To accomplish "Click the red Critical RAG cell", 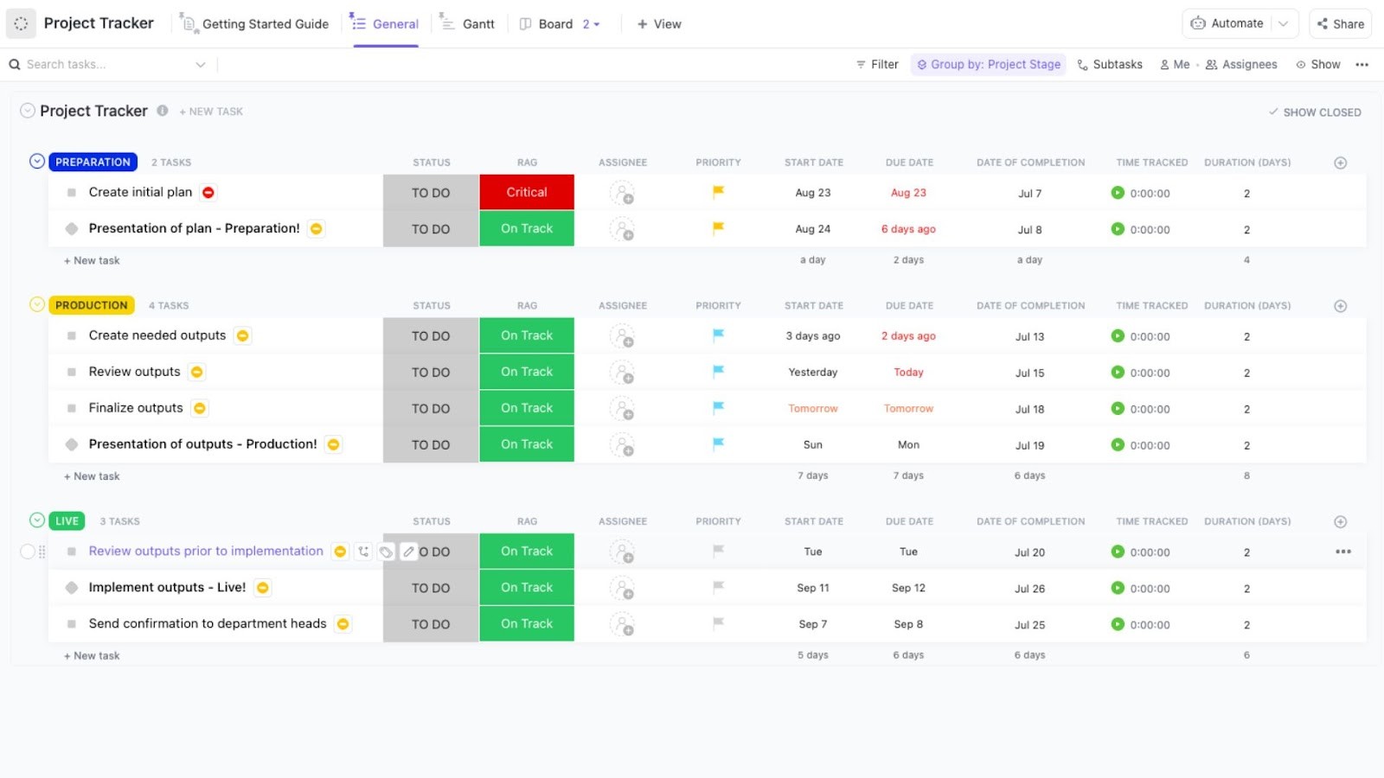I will (526, 192).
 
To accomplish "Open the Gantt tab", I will (477, 24).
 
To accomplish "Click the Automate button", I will (1228, 23).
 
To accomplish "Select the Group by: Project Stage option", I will (988, 64).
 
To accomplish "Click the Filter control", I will (877, 64).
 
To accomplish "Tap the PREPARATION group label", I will (93, 162).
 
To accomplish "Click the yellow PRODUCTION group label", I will (91, 305).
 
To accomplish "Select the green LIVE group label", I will (67, 521).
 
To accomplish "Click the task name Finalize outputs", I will (136, 408).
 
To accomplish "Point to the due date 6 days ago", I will (908, 229).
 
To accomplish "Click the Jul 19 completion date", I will (1029, 445).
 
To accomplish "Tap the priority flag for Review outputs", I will (718, 372).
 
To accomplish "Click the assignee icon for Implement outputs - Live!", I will (621, 588).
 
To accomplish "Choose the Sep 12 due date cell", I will (908, 588).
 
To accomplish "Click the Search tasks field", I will (104, 64).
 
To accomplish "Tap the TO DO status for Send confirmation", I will (430, 624).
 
